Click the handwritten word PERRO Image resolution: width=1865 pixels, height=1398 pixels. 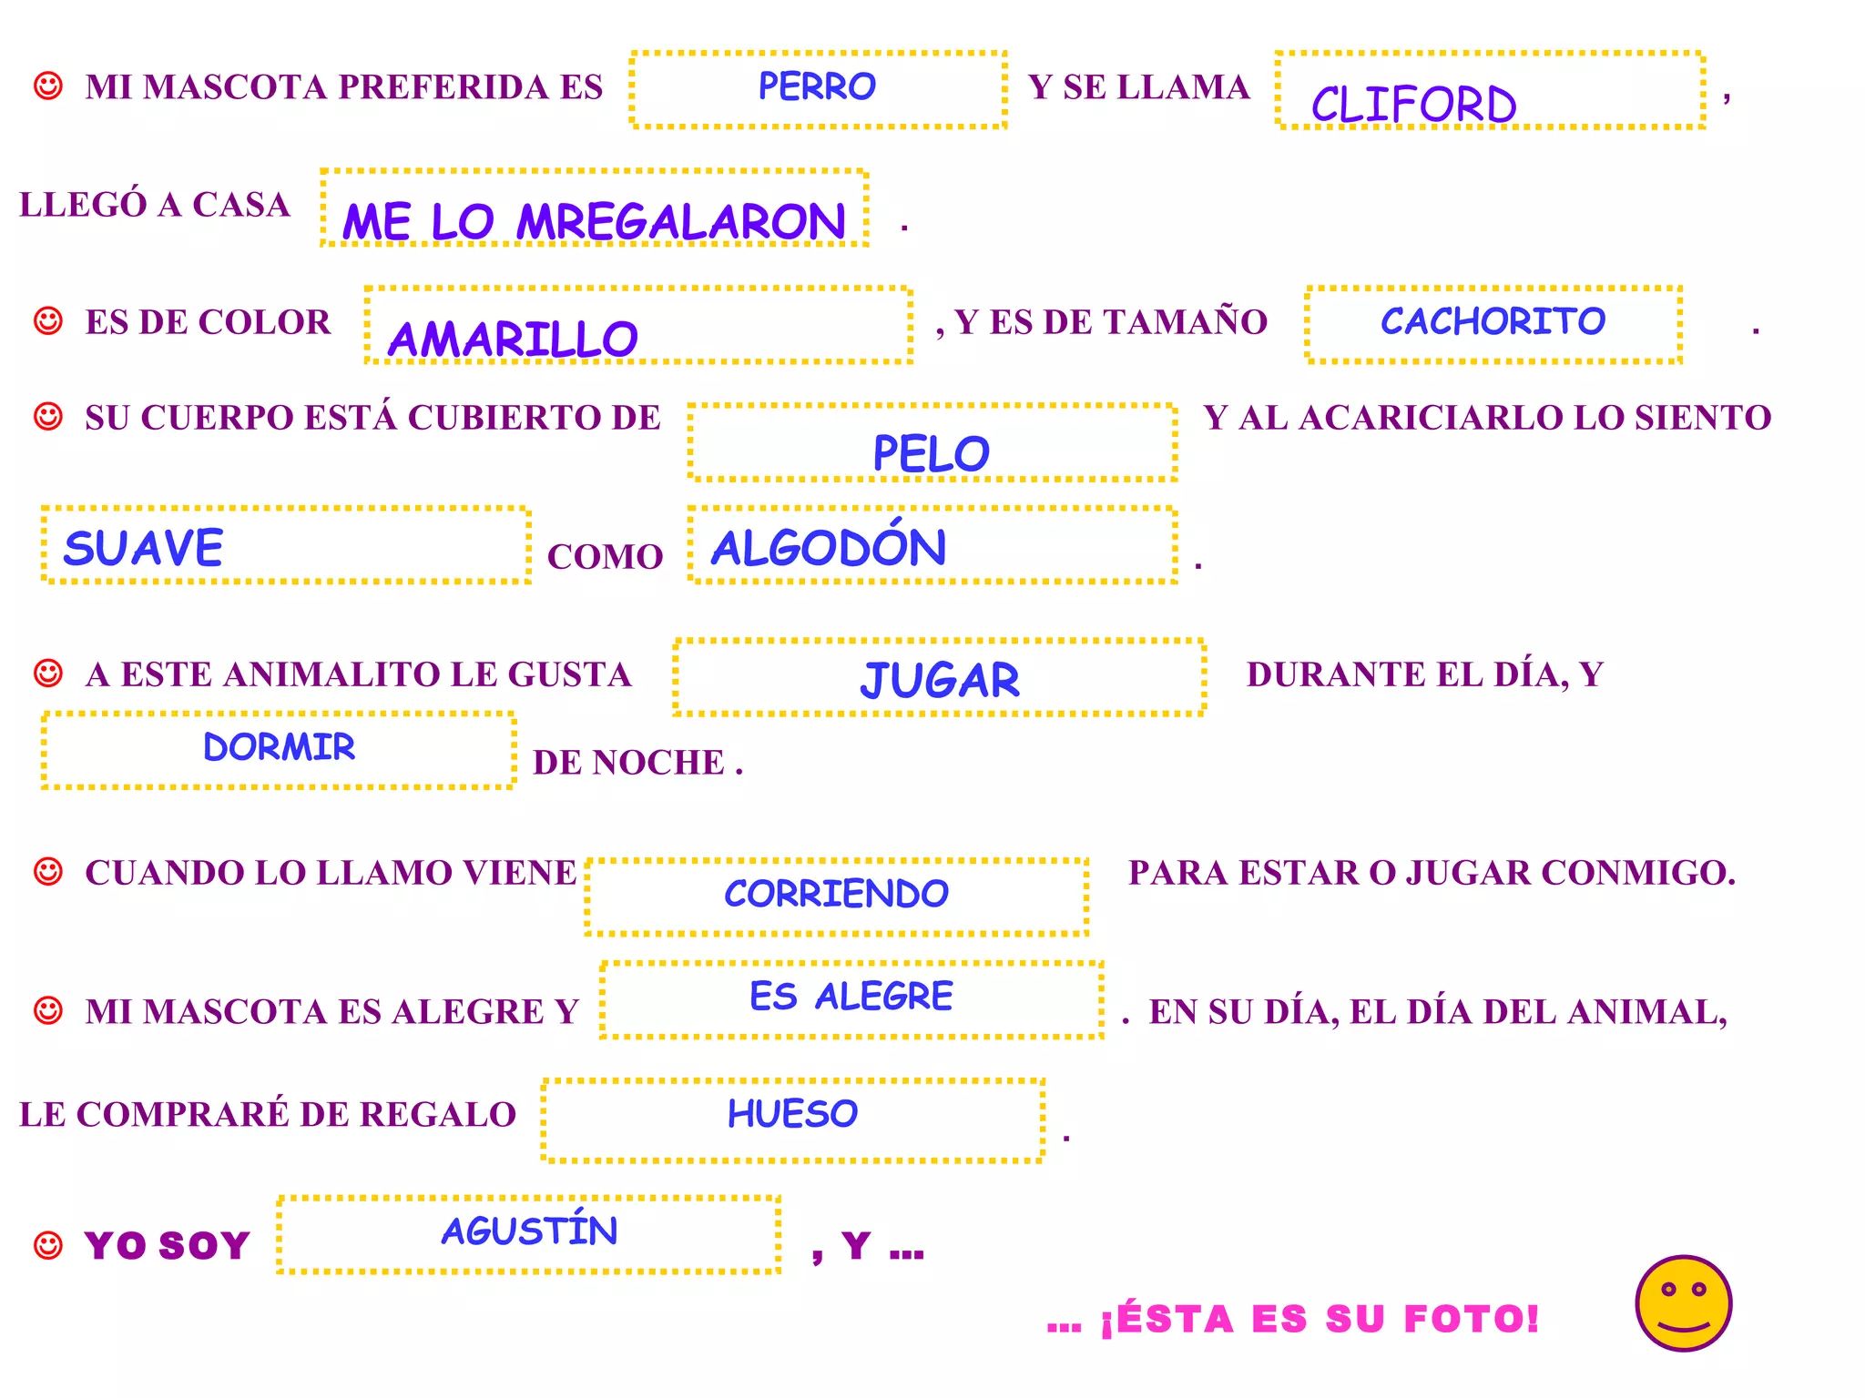[817, 86]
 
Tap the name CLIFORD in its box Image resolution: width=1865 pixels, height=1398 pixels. [1413, 104]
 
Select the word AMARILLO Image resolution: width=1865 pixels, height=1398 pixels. [513, 339]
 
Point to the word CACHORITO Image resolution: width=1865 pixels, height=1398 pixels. [1493, 320]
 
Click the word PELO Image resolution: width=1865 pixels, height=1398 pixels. [931, 453]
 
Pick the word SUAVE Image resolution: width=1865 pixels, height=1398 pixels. [143, 548]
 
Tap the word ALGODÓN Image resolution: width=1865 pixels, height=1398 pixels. [828, 546]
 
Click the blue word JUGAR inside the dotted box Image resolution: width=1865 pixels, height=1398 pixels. [940, 680]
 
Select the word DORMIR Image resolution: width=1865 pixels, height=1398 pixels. [279, 747]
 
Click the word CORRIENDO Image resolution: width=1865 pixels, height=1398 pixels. [836, 894]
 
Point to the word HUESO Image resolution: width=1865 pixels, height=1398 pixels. [792, 1114]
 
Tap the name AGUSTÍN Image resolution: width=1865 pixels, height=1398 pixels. [529, 1230]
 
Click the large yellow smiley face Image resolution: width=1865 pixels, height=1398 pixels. [1683, 1303]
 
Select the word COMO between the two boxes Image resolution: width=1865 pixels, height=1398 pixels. [605, 557]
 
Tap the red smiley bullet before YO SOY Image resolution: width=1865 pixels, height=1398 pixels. [47, 1245]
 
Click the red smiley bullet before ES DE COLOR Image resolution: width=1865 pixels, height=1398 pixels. [47, 321]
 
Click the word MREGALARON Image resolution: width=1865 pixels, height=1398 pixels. [681, 222]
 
